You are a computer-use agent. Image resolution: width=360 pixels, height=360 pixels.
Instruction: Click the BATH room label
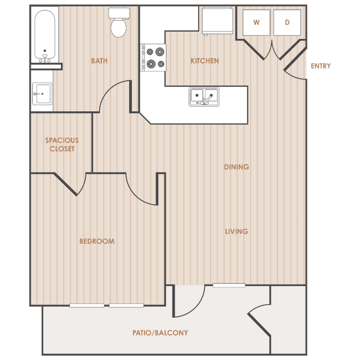click(99, 61)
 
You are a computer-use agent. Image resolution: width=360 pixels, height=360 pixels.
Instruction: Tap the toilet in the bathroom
click(119, 23)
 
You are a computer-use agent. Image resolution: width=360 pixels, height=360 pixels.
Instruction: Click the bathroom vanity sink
click(42, 94)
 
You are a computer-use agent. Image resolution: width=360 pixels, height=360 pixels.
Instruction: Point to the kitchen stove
click(153, 58)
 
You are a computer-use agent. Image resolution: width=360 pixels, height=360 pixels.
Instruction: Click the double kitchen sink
click(204, 97)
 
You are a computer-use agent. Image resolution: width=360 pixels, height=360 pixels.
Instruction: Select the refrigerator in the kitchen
click(218, 21)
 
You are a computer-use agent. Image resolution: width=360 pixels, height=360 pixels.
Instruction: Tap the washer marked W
click(256, 23)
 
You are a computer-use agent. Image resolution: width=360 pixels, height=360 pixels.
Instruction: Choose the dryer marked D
click(287, 23)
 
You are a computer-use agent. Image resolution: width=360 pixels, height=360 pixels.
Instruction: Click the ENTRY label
click(321, 66)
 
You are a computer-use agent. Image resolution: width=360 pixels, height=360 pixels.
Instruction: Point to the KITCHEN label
click(204, 61)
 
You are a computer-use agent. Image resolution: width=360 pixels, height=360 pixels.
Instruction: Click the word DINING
click(236, 167)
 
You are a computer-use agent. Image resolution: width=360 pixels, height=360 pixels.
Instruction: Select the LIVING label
click(236, 232)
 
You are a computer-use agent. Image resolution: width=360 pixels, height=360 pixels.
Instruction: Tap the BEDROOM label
click(97, 241)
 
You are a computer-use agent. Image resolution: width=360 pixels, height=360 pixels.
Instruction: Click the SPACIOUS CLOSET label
click(62, 145)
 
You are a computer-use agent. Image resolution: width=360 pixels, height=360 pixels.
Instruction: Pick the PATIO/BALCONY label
click(160, 333)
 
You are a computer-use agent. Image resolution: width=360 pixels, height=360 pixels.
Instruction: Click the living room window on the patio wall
click(229, 285)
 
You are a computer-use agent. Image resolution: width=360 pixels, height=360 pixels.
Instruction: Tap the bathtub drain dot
click(45, 51)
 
